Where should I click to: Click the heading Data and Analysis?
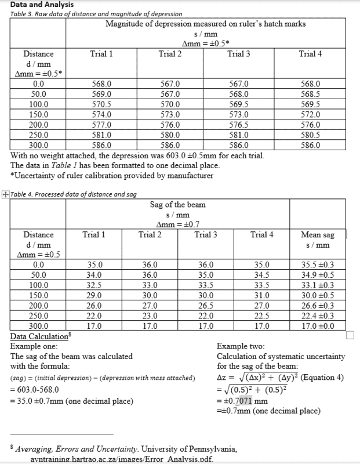38,5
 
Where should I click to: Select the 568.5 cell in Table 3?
310,94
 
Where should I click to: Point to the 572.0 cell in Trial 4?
310,114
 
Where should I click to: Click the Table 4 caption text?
74,194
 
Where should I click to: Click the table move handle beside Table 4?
5,194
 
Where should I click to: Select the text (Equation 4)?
319,378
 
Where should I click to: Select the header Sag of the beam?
177,204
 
